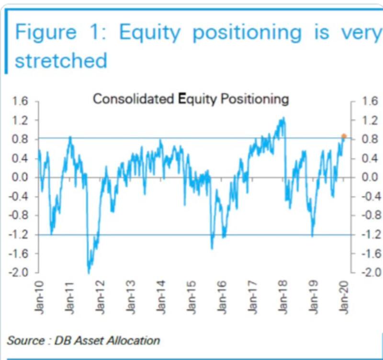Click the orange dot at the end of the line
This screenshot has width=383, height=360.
pyautogui.click(x=344, y=136)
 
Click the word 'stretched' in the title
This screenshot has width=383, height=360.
pyautogui.click(x=61, y=61)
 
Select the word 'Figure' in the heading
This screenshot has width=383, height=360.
pyautogui.click(x=45, y=32)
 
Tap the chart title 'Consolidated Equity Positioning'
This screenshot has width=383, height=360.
pyautogui.click(x=191, y=99)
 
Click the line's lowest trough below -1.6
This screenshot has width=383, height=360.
pyautogui.click(x=89, y=272)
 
